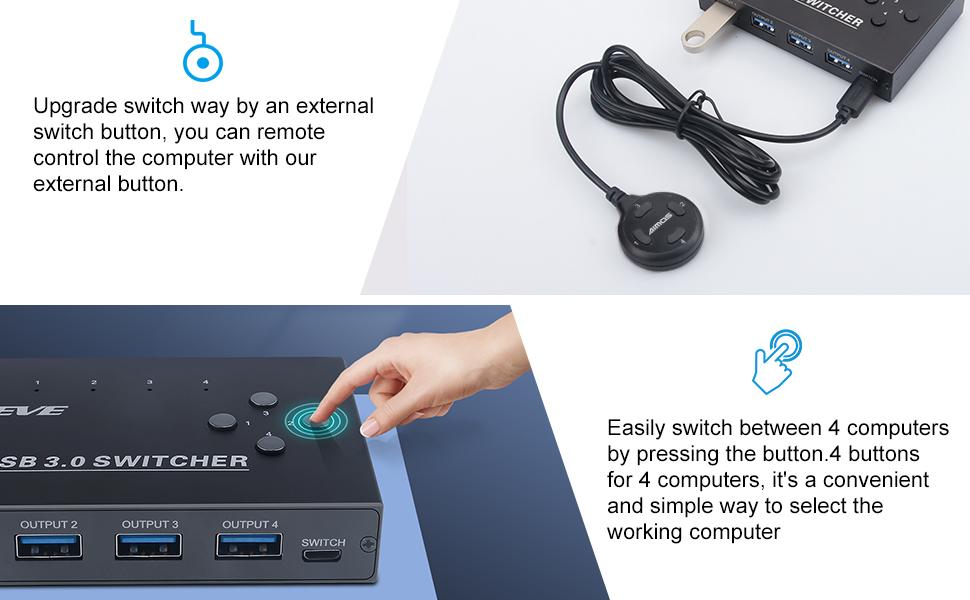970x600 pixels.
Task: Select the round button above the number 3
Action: [x=263, y=398]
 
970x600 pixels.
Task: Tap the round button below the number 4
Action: [x=269, y=445]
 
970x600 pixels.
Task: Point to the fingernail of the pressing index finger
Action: [x=370, y=427]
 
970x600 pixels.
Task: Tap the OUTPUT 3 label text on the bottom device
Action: [x=150, y=524]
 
